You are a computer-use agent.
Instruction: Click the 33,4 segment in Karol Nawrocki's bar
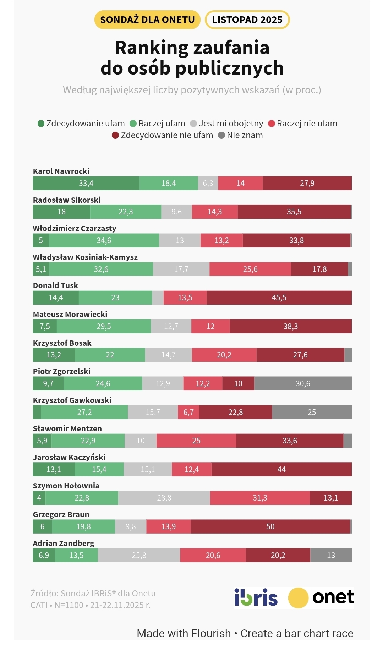tap(86, 183)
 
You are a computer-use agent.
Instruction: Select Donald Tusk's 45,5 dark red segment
tap(279, 297)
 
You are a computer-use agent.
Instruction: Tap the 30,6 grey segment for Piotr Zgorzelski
tap(303, 383)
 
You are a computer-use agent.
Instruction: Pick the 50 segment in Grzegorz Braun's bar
tap(270, 526)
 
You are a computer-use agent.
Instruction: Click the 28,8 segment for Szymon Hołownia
tap(164, 498)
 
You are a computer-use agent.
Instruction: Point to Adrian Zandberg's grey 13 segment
tap(331, 555)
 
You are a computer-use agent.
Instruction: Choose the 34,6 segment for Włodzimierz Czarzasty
tap(104, 240)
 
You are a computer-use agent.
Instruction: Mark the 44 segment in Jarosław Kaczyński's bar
tap(281, 469)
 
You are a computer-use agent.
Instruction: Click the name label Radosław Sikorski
tap(67, 200)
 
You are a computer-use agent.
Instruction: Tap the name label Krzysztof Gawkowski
tap(72, 400)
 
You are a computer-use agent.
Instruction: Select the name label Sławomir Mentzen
tap(67, 428)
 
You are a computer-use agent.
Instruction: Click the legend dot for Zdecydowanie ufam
tap(41, 124)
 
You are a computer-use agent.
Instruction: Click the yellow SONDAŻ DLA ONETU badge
tap(147, 20)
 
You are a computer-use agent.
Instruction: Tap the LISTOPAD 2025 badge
tap(247, 20)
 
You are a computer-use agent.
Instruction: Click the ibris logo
tap(256, 597)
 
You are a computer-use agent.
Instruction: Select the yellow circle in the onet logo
tap(298, 598)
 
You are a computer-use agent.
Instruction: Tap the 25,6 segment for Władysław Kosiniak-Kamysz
tap(250, 269)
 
